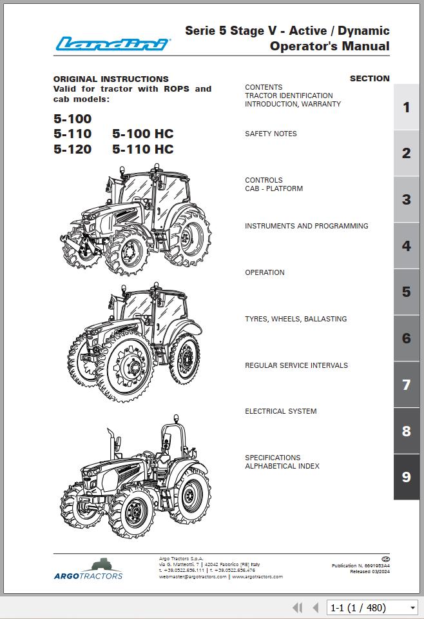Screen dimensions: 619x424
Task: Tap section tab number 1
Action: click(406, 107)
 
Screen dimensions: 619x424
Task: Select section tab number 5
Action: click(406, 292)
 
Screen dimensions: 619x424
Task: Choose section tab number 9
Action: click(406, 477)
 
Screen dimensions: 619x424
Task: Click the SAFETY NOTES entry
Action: click(271, 134)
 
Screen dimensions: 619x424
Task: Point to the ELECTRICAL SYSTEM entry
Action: click(280, 411)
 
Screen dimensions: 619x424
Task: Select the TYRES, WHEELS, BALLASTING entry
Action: click(296, 319)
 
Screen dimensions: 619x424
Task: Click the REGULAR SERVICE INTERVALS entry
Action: click(296, 365)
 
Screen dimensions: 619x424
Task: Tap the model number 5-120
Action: click(72, 149)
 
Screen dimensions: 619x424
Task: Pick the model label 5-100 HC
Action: click(142, 134)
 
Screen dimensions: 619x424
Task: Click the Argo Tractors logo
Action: click(88, 569)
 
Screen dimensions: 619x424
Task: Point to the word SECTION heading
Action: click(369, 79)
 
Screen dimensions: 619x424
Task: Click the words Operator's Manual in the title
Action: click(329, 46)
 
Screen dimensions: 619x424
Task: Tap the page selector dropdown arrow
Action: click(413, 608)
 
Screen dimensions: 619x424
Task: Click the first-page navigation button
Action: click(297, 607)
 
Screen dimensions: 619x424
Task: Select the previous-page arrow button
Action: click(316, 607)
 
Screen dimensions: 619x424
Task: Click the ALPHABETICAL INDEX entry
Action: click(282, 466)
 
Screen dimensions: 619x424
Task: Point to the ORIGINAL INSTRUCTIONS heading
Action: click(111, 79)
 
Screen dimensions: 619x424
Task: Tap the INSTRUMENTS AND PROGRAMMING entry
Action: click(307, 226)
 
